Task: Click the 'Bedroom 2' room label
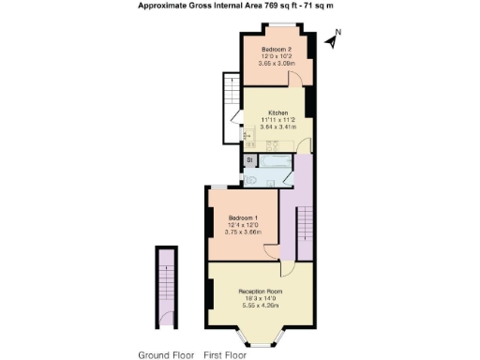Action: click(275, 49)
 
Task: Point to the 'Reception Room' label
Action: click(256, 291)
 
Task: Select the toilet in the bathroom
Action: click(250, 179)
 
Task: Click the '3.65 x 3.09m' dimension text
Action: click(275, 65)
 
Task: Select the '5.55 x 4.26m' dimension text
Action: click(256, 307)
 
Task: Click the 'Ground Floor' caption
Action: click(167, 354)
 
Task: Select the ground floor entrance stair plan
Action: click(168, 286)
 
